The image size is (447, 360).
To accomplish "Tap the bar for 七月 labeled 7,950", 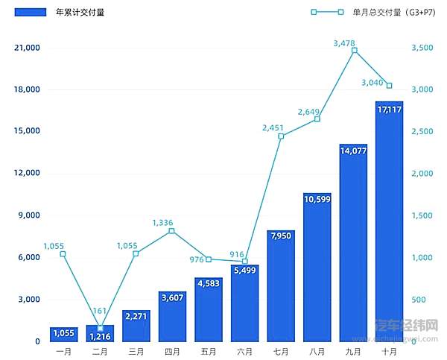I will click(x=281, y=287).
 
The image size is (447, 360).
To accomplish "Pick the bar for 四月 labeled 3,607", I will click(x=172, y=318).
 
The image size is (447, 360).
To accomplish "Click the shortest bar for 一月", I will click(x=63, y=335).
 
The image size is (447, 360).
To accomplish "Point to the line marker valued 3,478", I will click(x=354, y=51).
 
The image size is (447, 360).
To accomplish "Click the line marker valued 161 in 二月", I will click(x=100, y=328).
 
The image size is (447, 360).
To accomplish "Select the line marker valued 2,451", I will click(x=281, y=136).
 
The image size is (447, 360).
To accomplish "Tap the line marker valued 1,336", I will click(x=172, y=231).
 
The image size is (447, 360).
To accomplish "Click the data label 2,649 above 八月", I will click(x=308, y=112).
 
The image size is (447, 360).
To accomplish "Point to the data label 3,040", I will click(x=372, y=82).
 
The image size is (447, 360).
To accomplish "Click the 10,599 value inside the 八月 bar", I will click(x=317, y=198).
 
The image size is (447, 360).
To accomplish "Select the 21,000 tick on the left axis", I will click(x=27, y=48).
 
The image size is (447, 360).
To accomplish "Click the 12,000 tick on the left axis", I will click(x=27, y=174).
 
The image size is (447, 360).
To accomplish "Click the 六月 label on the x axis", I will click(x=245, y=351).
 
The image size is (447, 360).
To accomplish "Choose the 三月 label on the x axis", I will click(x=136, y=351).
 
